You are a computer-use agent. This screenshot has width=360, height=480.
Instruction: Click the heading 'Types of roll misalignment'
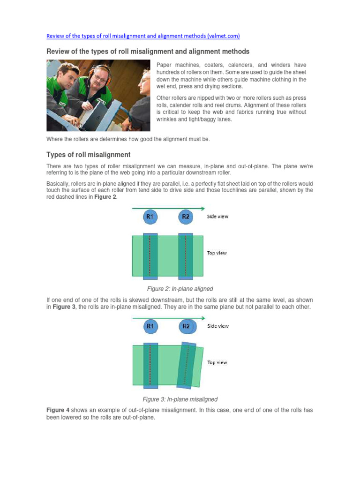[88, 155]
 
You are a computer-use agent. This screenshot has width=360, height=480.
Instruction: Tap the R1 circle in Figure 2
[150, 217]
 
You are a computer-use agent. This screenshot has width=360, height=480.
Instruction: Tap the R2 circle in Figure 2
[186, 217]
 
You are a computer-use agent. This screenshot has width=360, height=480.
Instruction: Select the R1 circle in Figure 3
[150, 326]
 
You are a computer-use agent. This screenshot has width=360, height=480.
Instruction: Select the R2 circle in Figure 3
[187, 326]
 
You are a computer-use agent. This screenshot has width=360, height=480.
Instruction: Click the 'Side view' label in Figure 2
[217, 217]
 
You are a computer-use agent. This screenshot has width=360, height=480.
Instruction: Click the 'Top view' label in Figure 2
[217, 253]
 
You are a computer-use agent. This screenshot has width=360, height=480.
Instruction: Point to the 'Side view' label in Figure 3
[218, 326]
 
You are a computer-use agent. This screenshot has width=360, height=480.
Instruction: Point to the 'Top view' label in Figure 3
[217, 362]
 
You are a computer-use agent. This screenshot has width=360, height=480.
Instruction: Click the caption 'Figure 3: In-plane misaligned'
[180, 399]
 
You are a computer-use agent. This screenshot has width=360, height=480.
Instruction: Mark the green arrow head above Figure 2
[202, 208]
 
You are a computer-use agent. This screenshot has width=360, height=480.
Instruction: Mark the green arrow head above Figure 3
[202, 318]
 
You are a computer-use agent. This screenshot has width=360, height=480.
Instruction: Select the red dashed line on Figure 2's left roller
[150, 255]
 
